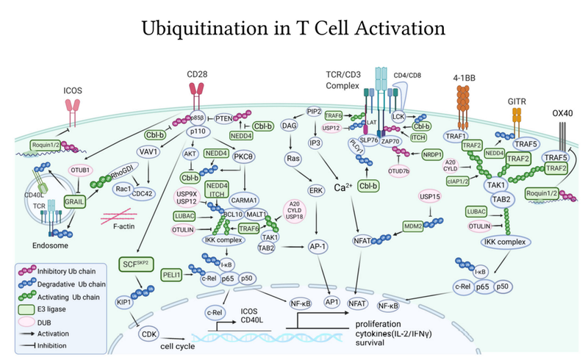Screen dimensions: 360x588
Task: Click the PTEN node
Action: point(220,117)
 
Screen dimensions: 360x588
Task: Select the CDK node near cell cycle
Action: point(153,335)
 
